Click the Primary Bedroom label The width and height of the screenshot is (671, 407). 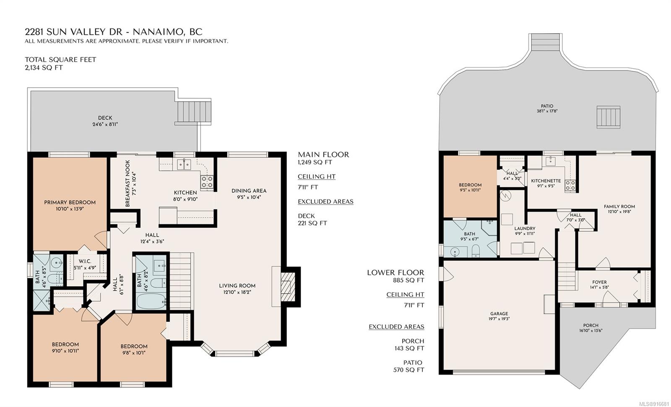(x=70, y=203)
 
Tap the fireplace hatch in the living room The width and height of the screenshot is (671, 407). (x=286, y=287)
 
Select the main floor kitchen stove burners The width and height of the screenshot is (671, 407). (x=207, y=182)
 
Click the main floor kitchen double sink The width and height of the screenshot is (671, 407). (x=184, y=164)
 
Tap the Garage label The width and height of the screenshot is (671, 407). (x=499, y=313)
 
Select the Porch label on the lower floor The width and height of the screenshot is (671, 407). (x=591, y=325)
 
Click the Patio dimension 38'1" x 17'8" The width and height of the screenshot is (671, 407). (x=547, y=111)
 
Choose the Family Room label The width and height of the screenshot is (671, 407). (x=619, y=206)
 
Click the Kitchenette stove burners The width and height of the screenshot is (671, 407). (x=570, y=185)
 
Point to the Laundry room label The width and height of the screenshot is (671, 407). (x=525, y=228)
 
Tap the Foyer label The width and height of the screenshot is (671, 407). (x=599, y=282)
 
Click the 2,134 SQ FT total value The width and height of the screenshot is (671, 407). (x=44, y=68)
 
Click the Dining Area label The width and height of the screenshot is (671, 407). (x=249, y=191)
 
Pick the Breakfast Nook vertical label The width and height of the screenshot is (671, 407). (x=128, y=183)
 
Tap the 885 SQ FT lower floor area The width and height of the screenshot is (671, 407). (x=408, y=281)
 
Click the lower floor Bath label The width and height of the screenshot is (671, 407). (x=469, y=234)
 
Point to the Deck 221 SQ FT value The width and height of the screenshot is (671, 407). (x=312, y=223)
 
